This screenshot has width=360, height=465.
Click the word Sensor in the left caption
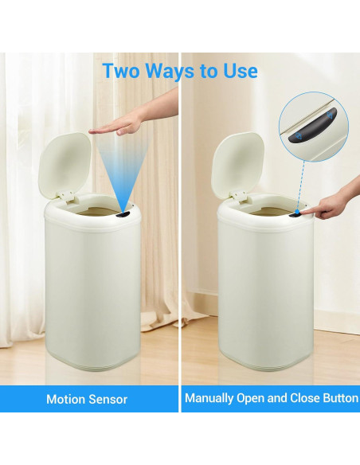tap(108, 398)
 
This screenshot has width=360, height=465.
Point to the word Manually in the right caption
tap(210, 398)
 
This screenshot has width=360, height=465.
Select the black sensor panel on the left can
tap(123, 215)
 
